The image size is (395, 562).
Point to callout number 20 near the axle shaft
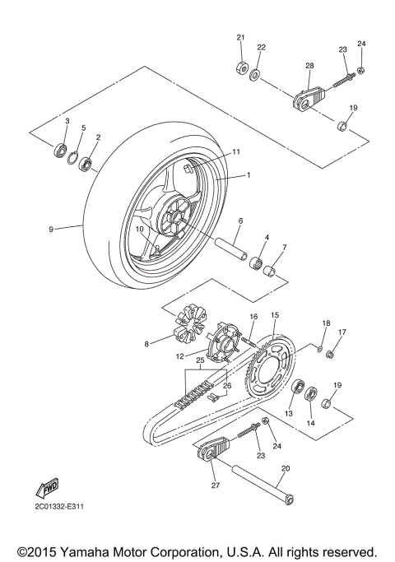[286, 470]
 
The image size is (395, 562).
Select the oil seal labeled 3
[61, 151]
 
